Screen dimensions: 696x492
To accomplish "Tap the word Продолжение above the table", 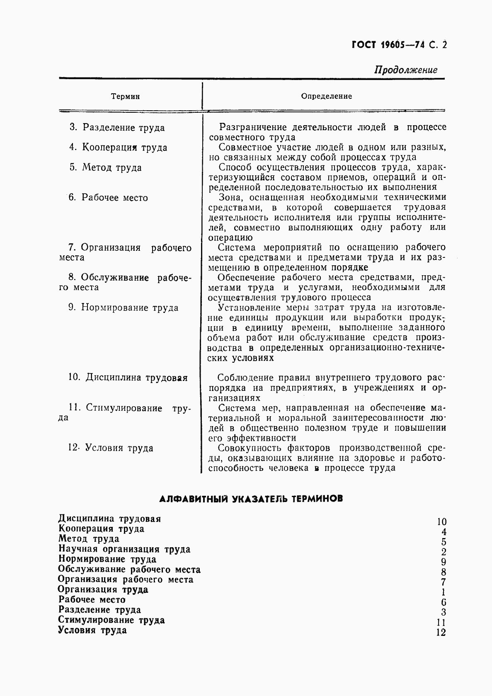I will tap(405, 70).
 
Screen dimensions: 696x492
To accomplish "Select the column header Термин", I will tap(126, 97).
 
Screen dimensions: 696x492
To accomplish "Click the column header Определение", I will tap(326, 96).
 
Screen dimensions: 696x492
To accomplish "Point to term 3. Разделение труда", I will tap(117, 128).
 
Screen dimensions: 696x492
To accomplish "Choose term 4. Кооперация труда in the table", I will tap(118, 148).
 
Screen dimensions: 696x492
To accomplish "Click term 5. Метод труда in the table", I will tap(106, 167).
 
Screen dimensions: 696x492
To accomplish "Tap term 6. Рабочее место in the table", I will tap(108, 198).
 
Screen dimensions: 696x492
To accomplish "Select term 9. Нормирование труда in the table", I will tap(124, 308).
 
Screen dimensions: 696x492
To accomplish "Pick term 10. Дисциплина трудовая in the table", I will tap(128, 378).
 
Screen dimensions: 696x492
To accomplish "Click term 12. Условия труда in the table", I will tap(111, 448).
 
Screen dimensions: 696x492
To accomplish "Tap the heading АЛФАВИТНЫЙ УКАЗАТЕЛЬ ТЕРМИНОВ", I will tap(251, 499).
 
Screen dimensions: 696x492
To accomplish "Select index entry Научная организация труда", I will tap(124, 549).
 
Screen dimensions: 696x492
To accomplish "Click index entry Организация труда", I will tap(103, 589).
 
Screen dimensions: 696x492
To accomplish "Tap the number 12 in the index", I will tap(441, 633).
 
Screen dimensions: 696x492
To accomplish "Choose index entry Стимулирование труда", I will tap(111, 620).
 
